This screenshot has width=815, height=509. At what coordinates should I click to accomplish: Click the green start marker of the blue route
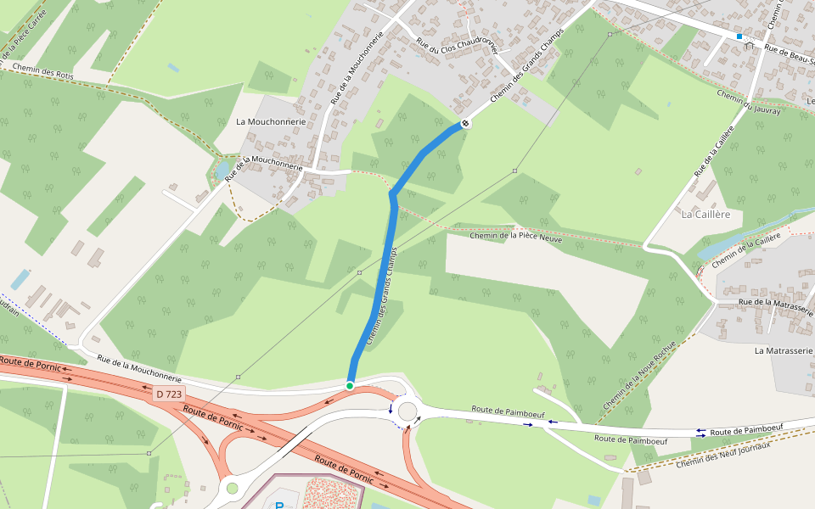350,386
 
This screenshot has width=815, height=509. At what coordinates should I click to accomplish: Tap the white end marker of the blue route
465,124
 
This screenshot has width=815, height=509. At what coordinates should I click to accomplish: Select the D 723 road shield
169,394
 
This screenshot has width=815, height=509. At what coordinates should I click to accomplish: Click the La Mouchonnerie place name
270,121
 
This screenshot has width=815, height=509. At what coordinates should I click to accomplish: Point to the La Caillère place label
705,215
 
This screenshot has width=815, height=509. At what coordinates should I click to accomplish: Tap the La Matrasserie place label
784,350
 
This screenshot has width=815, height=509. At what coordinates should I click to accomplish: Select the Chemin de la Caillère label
746,251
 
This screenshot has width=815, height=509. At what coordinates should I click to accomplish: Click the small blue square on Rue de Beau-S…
739,36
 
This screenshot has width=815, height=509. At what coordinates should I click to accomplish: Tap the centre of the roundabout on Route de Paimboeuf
407,411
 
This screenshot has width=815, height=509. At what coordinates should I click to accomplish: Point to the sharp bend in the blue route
392,195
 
